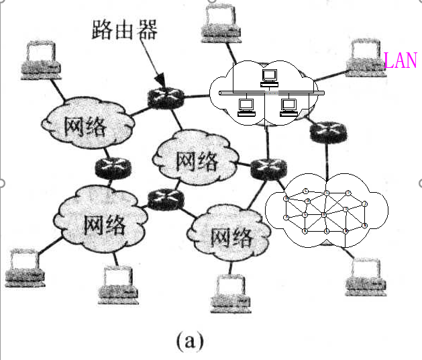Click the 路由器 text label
click(x=125, y=30)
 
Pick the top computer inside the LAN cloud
click(x=269, y=75)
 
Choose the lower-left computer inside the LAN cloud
click(x=246, y=107)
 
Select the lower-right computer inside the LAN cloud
click(x=289, y=107)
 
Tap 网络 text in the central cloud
click(x=196, y=160)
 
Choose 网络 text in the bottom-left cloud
click(x=104, y=224)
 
